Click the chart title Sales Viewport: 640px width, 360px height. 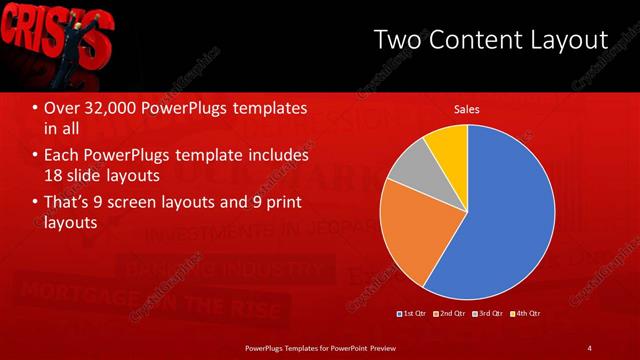click(467, 109)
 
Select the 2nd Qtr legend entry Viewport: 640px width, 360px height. click(451, 313)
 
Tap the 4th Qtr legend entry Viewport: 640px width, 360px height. click(528, 313)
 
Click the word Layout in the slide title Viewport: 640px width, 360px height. click(570, 39)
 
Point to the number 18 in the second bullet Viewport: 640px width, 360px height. click(55, 176)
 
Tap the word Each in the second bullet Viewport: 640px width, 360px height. click(62, 156)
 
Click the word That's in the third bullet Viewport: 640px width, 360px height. click(69, 203)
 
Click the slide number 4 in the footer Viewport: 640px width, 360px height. click(589, 347)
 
